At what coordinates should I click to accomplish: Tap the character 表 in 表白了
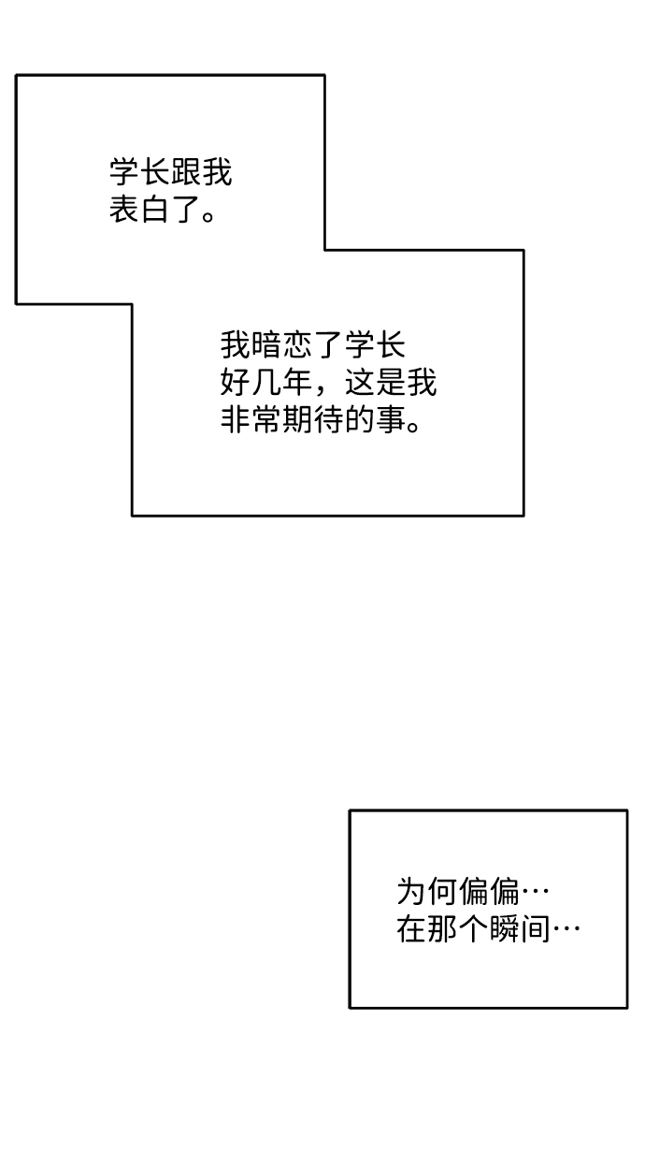(124, 210)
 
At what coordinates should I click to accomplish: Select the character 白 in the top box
(154, 210)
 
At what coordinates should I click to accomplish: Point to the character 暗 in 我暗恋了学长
(265, 345)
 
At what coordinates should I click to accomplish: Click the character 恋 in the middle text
(296, 345)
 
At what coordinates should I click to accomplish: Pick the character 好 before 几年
(235, 383)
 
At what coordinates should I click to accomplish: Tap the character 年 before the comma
(296, 383)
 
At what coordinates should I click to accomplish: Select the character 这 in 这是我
(359, 383)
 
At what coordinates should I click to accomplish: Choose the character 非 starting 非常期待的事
(235, 419)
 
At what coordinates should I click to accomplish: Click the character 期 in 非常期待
(296, 419)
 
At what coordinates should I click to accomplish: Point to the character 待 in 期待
(328, 419)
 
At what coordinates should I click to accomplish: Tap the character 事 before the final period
(391, 419)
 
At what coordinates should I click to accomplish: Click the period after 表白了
(208, 215)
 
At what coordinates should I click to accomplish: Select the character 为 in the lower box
(411, 892)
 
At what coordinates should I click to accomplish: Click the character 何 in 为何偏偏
(442, 892)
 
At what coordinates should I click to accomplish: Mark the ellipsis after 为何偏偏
(535, 892)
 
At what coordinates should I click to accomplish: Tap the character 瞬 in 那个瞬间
(504, 929)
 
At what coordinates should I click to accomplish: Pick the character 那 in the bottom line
(442, 929)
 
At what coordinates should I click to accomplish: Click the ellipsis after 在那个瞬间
(566, 929)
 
